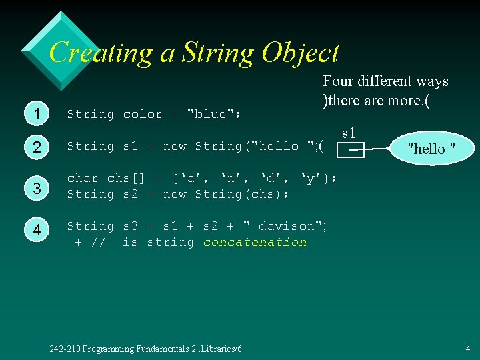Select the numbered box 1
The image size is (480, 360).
coord(38,115)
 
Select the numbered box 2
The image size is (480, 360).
coord(38,147)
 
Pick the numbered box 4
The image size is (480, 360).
coord(38,230)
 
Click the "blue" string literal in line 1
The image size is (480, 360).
coord(210,114)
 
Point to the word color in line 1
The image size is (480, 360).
coord(143,114)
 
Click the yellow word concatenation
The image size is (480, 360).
coord(255,242)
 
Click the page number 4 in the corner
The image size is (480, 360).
coord(468,348)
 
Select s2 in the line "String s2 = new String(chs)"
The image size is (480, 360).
coord(130,194)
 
